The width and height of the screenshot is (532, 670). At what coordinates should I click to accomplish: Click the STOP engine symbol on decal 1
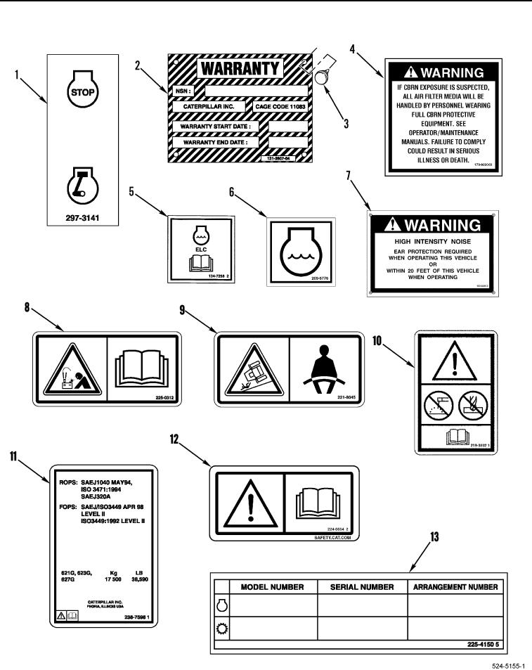(83, 87)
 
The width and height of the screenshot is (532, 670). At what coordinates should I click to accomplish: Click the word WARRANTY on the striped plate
(239, 69)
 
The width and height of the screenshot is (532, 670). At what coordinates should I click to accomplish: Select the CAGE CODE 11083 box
(280, 107)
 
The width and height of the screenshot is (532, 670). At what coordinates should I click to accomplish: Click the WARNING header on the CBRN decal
(443, 72)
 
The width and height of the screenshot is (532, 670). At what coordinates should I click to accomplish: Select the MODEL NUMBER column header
(273, 586)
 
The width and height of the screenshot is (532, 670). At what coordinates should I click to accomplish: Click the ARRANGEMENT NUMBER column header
(455, 586)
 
